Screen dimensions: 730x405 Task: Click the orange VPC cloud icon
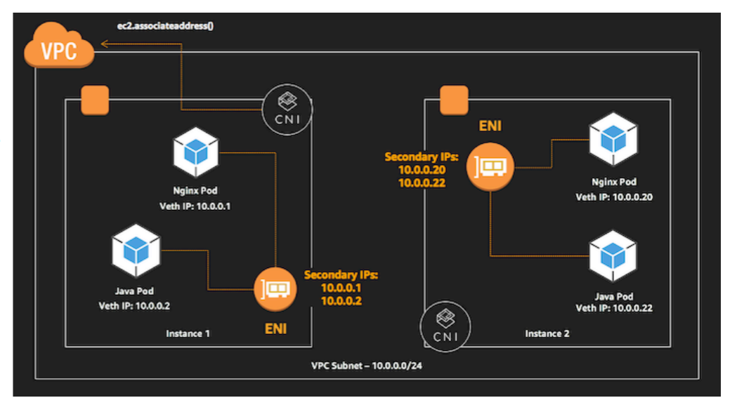tap(59, 45)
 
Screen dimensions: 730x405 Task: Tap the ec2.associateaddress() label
tap(165, 25)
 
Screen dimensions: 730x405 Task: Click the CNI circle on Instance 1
tap(287, 109)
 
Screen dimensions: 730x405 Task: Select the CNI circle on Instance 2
tap(445, 327)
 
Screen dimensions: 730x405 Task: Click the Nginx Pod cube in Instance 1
tap(195, 152)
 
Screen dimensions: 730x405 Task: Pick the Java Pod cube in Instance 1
tap(136, 250)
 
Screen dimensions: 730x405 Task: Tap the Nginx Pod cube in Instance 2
tap(613, 139)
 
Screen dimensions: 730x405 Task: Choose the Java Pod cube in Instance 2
tap(613, 256)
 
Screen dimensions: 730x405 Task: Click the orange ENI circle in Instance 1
tap(275, 289)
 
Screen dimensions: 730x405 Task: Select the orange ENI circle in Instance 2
tap(490, 166)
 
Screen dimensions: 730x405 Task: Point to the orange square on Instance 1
tap(95, 100)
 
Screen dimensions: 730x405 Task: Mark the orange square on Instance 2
tap(454, 100)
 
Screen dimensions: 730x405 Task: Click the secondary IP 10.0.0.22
tap(422, 183)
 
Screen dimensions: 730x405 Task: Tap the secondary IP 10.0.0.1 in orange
tap(341, 288)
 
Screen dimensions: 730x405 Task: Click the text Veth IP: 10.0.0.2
tap(134, 306)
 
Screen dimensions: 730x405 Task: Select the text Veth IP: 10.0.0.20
tap(614, 197)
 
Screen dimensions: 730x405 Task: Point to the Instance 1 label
tap(188, 334)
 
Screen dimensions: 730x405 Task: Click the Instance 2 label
tap(547, 334)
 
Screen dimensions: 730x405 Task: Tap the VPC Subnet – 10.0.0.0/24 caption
tap(366, 366)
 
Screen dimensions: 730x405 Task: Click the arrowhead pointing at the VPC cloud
tap(105, 44)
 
